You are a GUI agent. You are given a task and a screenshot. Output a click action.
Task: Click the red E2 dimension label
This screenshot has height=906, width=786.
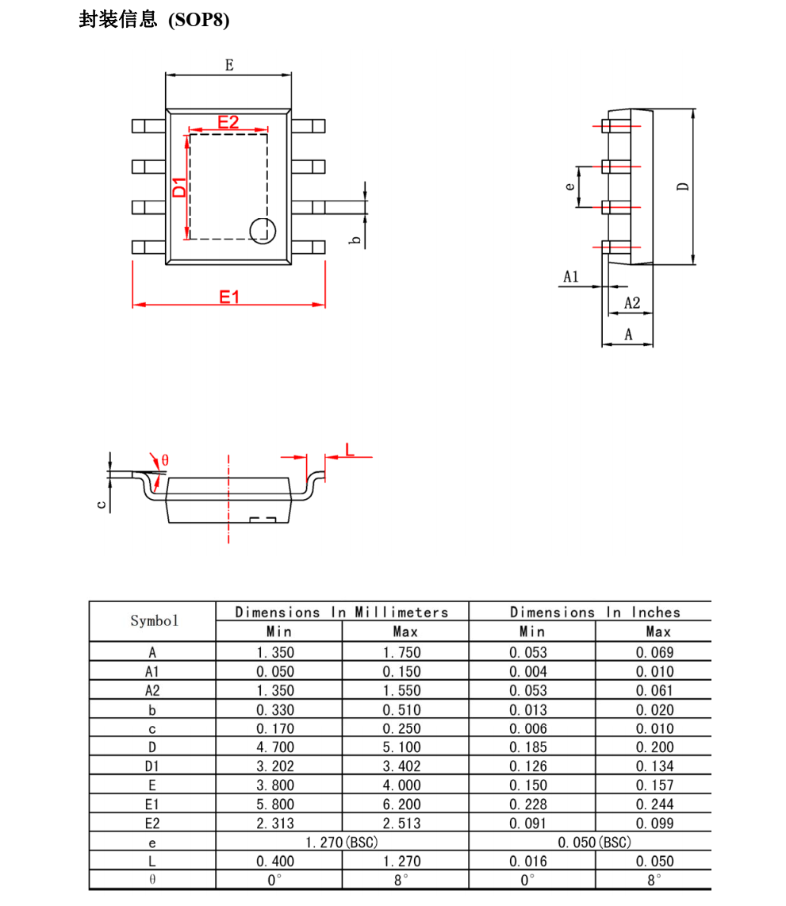[x=228, y=122]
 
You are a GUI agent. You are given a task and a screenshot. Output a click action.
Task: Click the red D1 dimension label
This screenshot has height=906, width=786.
[x=180, y=187]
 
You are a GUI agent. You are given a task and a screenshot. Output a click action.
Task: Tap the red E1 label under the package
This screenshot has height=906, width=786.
[x=229, y=297]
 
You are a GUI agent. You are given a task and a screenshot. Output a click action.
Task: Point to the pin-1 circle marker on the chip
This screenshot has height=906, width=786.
[x=263, y=230]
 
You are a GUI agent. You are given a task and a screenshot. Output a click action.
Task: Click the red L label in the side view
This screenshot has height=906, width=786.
[x=349, y=450]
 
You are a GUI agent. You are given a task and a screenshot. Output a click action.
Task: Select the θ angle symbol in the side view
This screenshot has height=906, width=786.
[x=165, y=460]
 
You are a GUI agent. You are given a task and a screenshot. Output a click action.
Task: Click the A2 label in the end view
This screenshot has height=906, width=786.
[x=631, y=303]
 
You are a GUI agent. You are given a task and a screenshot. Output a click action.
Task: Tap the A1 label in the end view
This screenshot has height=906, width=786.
[x=571, y=277]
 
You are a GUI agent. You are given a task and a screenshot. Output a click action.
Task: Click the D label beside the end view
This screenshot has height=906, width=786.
[x=683, y=187]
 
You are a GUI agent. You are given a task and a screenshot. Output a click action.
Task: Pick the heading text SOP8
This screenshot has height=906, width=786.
[x=198, y=20]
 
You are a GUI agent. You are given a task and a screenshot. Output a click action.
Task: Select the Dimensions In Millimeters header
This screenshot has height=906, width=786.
[x=342, y=612]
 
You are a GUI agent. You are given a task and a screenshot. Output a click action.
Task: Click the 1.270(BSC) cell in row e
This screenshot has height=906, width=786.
[x=342, y=842]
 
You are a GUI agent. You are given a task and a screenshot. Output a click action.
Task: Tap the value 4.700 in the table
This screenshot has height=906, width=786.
[x=274, y=747]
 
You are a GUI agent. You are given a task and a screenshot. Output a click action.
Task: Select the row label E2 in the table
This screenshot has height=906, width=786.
[x=152, y=823]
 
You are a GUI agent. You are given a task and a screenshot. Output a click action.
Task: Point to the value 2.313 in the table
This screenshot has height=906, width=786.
[x=274, y=823]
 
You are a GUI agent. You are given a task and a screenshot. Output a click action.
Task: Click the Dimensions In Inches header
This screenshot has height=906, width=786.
[x=595, y=612]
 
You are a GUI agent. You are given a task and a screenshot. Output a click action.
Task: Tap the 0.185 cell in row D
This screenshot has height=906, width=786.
[x=528, y=747]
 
